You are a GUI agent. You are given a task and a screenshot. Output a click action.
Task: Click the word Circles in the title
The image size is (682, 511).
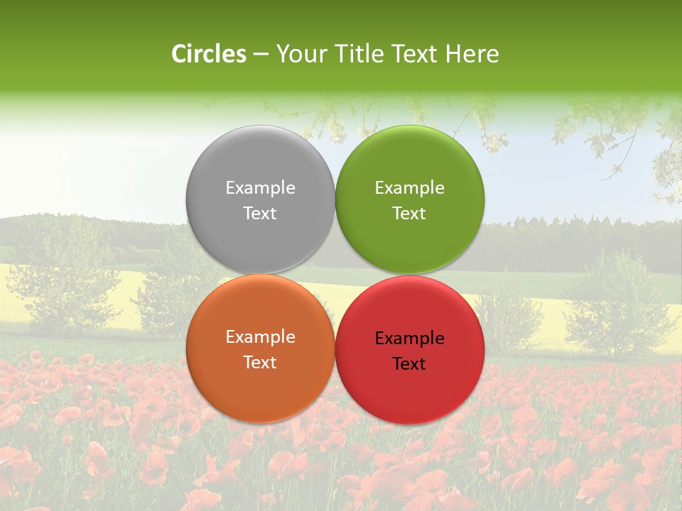click(x=209, y=54)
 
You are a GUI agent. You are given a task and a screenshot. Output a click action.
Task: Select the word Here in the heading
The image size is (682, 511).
click(x=472, y=54)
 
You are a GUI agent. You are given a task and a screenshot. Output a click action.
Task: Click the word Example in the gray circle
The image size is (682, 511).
click(x=260, y=188)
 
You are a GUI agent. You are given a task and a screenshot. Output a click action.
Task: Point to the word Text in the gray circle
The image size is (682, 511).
click(x=260, y=214)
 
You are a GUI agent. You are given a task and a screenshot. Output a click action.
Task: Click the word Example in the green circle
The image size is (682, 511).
click(x=410, y=188)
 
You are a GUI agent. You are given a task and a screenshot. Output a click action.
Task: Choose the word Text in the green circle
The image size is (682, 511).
click(x=410, y=214)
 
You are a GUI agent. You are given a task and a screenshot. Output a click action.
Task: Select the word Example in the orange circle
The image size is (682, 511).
click(x=260, y=337)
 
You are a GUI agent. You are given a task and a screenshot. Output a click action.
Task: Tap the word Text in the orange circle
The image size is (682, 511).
click(x=260, y=363)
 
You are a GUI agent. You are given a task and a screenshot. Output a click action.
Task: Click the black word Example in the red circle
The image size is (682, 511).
click(x=410, y=339)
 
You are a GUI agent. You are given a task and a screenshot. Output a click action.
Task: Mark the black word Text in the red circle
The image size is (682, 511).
click(x=410, y=364)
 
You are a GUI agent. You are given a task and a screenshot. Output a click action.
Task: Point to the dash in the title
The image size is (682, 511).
click(x=261, y=55)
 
